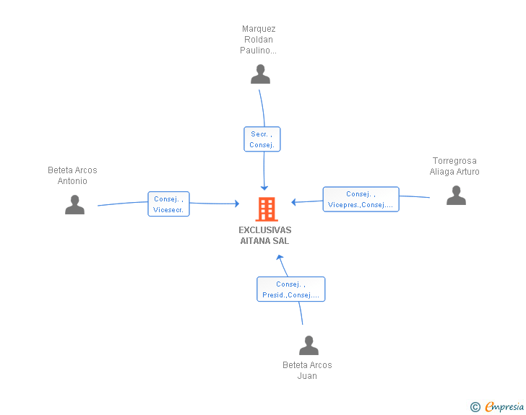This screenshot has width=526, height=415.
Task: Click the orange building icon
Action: click(267, 209)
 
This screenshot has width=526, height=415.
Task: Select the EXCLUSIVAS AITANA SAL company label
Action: click(264, 235)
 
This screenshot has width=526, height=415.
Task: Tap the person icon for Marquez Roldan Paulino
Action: click(260, 74)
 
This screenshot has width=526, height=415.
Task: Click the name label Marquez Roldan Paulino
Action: click(259, 40)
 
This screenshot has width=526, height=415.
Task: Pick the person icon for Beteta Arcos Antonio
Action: click(75, 204)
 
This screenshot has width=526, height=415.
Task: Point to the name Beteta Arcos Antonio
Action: click(72, 175)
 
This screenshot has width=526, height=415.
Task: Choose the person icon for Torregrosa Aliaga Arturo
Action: click(456, 195)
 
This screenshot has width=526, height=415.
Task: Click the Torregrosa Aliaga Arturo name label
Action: click(454, 166)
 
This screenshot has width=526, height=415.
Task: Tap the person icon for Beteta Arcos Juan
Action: click(309, 345)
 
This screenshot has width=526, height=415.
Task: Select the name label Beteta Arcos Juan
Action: click(307, 370)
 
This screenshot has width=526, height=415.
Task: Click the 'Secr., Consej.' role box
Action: click(262, 139)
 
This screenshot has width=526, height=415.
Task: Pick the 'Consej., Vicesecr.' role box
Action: click(169, 204)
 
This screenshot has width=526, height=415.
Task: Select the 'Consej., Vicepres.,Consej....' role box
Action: click(361, 199)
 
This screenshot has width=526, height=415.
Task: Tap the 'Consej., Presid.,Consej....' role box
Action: click(291, 289)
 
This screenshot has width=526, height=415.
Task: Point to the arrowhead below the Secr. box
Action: click(264, 188)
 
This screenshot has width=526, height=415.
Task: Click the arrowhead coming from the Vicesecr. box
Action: click(237, 204)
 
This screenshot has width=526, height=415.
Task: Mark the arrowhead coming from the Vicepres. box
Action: click(293, 202)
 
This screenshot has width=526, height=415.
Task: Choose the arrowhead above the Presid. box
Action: click(280, 258)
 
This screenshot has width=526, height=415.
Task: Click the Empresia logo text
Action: click(504, 407)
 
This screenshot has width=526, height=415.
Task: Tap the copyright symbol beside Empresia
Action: click(475, 407)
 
